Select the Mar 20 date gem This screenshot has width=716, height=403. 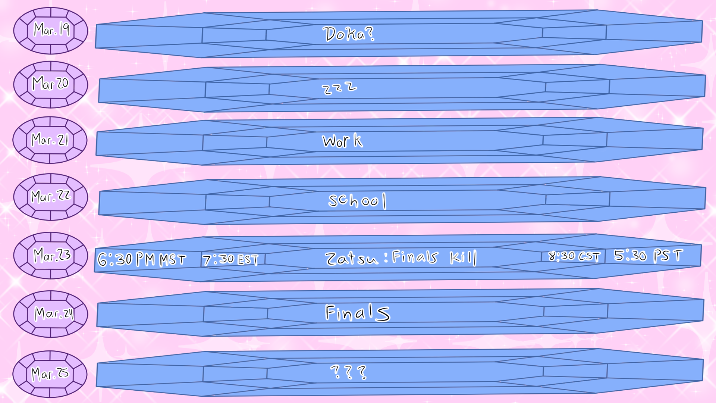pos(51,84)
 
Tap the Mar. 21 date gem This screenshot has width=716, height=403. pos(50,140)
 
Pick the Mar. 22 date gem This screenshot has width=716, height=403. pos(51,197)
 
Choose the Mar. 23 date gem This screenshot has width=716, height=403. pos(51,256)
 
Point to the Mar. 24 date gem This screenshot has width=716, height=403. pos(51,314)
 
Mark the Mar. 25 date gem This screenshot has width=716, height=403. pos(50,374)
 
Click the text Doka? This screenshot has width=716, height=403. pos(348,34)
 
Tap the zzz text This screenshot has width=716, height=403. pos(339,88)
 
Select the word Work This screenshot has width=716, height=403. pos(342,141)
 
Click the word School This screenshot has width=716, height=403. pos(357,201)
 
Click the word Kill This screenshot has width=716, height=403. pos(463,257)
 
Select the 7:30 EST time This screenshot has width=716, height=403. pos(230,259)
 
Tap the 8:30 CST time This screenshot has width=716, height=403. pos(574,256)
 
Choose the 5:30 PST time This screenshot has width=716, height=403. pos(648,256)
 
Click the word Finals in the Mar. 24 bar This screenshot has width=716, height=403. pos(357,313)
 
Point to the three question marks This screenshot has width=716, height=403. pos(348,372)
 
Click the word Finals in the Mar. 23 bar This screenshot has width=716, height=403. pos(415,257)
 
